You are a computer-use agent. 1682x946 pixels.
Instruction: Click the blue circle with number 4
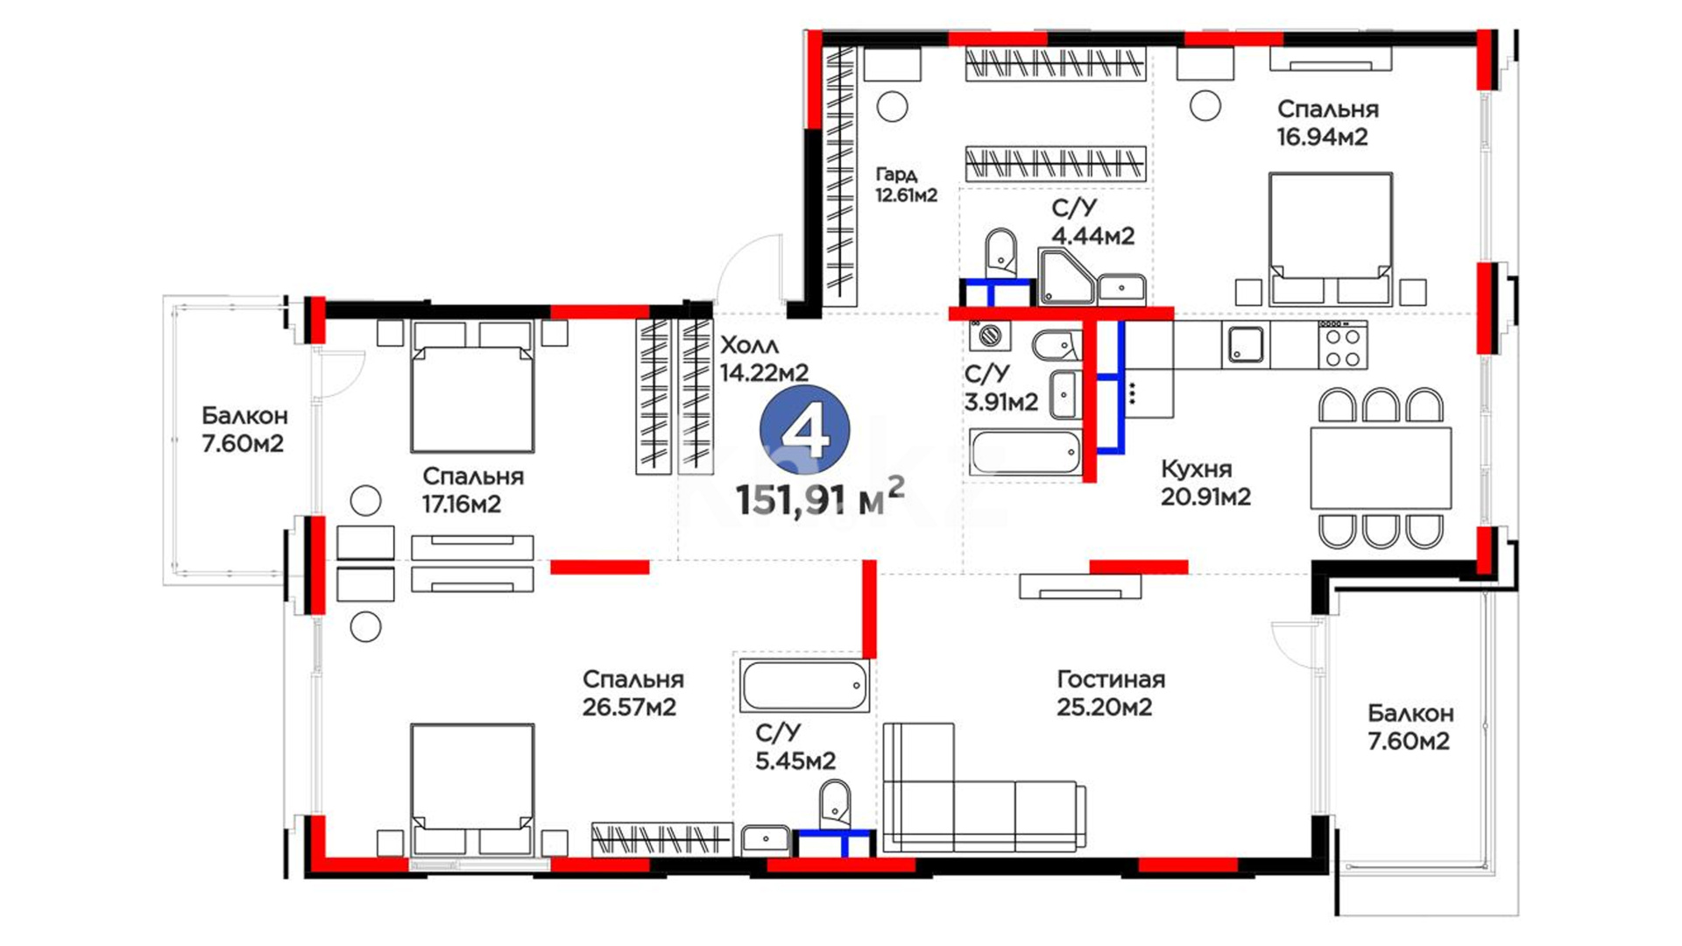pos(804,430)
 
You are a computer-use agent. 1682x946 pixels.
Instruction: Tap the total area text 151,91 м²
pos(820,498)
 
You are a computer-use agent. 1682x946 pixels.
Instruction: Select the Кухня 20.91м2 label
pos(1205,483)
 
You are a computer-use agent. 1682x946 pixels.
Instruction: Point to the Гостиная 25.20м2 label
pos(1110,693)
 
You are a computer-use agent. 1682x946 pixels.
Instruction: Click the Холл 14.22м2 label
pos(764,359)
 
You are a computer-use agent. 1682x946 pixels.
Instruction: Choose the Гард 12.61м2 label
pos(906,185)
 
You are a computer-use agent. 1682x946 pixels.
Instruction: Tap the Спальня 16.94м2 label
pos(1327,123)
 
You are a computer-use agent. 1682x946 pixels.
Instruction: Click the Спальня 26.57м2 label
pos(633,693)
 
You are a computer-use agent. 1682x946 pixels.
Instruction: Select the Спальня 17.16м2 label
pos(472,490)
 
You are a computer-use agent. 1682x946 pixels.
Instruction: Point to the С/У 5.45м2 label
pos(795,746)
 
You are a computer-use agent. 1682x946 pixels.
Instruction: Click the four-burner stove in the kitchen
pos(1342,345)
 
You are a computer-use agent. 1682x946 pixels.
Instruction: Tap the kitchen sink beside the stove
pos(1245,344)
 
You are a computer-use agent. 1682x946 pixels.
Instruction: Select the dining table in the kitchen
pos(1381,468)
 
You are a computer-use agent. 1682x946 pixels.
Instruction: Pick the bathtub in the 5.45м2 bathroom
pos(804,685)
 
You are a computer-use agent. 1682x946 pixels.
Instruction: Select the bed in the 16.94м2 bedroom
pos(1331,238)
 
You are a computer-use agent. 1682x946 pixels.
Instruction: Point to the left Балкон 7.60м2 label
pos(244,429)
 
